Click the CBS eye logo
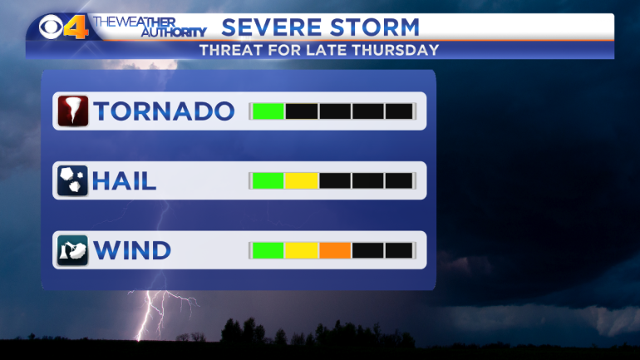(51, 27)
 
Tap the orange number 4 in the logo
(76, 27)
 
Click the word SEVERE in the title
(272, 27)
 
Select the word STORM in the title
(375, 27)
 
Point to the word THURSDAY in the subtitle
(395, 50)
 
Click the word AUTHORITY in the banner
(174, 32)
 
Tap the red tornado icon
(72, 111)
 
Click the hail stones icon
(72, 180)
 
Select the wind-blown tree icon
(72, 250)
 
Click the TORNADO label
(164, 111)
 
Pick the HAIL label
(124, 180)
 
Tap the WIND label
(132, 250)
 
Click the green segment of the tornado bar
(268, 111)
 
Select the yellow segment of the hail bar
(302, 180)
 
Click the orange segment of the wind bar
(335, 250)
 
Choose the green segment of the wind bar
(268, 250)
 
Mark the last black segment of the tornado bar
(399, 111)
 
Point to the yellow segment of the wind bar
(302, 250)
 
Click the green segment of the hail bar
(268, 180)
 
